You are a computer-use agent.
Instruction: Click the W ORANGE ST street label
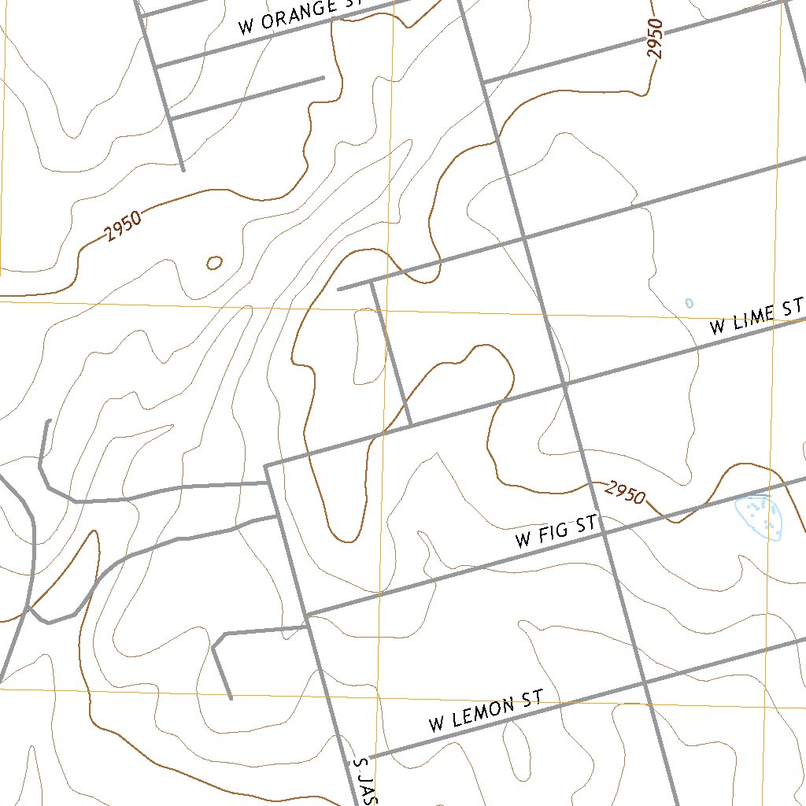(299, 16)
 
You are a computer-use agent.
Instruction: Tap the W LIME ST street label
(756, 317)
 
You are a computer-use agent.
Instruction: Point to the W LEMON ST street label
(486, 712)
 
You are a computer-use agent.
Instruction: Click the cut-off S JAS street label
(363, 782)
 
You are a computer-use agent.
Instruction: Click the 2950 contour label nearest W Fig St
(626, 493)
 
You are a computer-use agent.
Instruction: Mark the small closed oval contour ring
(214, 263)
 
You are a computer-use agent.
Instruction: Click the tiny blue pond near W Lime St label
(690, 303)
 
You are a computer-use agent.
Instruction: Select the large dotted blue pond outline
(760, 516)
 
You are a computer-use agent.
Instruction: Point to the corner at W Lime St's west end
(266, 466)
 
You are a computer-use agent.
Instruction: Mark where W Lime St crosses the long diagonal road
(565, 385)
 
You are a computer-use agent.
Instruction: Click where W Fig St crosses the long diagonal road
(604, 532)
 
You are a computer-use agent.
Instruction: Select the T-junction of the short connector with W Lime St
(411, 426)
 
